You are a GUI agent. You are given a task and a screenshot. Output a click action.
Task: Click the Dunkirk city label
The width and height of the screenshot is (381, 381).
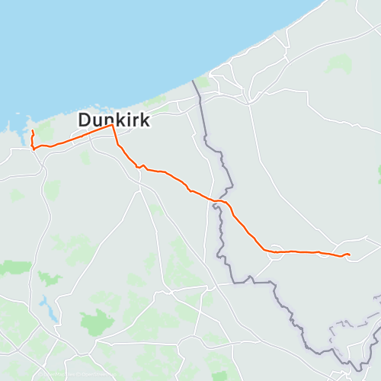point(114,120)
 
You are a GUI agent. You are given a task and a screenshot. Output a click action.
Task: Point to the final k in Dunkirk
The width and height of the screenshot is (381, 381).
point(144,120)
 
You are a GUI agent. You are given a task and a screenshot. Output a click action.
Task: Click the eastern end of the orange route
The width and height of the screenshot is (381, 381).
point(349,254)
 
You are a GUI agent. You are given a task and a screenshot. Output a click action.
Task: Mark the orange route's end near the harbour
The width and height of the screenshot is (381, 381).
point(32,133)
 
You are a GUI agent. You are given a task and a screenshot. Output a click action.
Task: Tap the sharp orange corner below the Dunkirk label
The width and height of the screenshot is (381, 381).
point(113,126)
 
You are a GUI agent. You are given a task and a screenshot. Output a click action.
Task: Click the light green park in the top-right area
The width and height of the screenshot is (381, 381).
point(339,64)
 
